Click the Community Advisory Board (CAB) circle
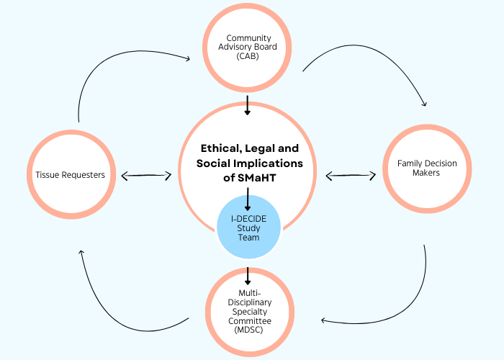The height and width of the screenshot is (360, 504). coord(247,48)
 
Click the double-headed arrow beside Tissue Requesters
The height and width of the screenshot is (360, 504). coord(146,175)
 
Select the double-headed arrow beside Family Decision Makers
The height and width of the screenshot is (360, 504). coord(351,174)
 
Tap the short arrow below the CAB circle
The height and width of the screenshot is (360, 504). coord(247,105)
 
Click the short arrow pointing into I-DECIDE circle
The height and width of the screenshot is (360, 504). coord(247,199)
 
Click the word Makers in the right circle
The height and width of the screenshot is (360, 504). coord(427,173)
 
